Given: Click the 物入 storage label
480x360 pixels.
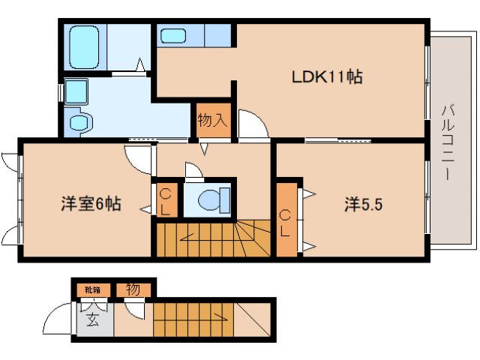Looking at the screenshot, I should pyautogui.click(x=211, y=119).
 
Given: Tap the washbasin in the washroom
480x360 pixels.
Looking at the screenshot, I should pyautogui.click(x=76, y=91).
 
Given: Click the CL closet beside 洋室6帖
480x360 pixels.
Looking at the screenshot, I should pyautogui.click(x=166, y=200).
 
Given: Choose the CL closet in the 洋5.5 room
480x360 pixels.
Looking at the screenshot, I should pyautogui.click(x=286, y=223).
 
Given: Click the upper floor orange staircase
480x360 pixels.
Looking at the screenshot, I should pyautogui.click(x=214, y=238).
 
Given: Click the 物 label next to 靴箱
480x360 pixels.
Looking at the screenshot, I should pyautogui.click(x=133, y=289).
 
